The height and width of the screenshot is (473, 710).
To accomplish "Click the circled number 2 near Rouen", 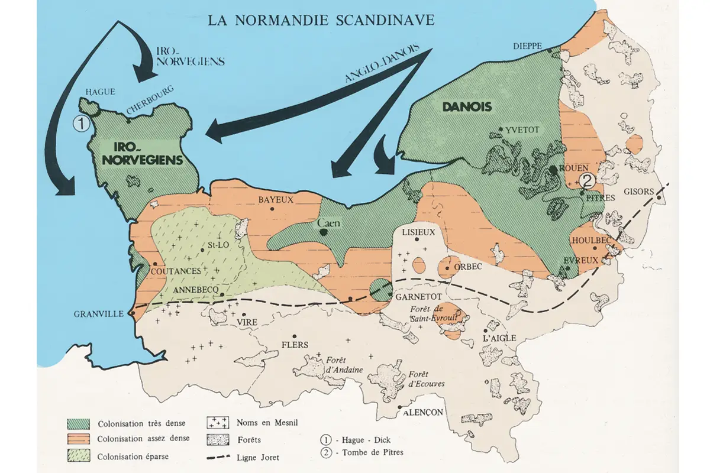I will pos(586,180).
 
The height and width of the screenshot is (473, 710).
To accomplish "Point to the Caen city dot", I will pos(324,232).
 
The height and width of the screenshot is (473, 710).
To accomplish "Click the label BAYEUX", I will pos(276,200).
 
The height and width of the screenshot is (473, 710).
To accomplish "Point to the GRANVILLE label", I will pos(97,314).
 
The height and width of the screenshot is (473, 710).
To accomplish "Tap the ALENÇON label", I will pos(424,413).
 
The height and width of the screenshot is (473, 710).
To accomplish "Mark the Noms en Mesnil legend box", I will pos(218,423).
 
